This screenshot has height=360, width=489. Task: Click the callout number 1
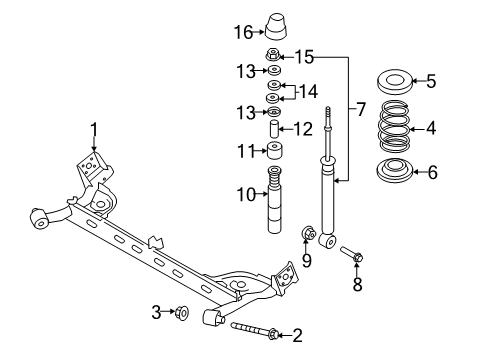[x=94, y=128]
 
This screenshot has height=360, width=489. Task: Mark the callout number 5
[x=431, y=79]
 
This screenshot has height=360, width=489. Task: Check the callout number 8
[x=358, y=284]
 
